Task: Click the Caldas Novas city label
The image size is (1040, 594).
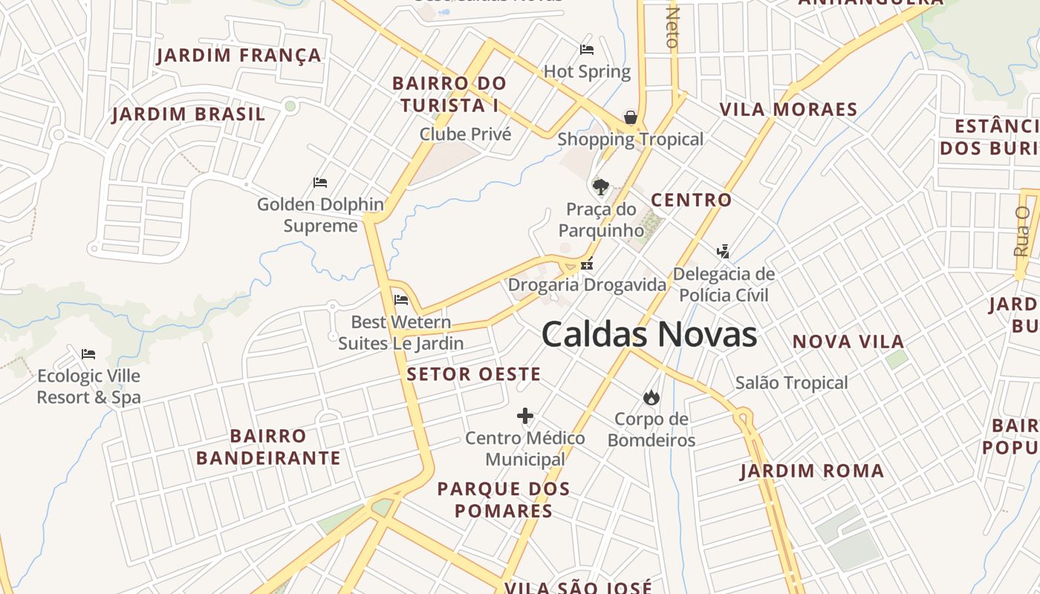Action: tap(649, 335)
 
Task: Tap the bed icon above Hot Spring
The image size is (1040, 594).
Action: tap(587, 50)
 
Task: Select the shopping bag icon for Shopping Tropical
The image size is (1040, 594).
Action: tap(631, 117)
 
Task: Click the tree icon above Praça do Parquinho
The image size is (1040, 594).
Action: tap(600, 186)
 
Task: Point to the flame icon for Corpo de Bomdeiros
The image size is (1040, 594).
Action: tap(651, 397)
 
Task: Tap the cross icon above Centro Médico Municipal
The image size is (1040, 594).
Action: tap(525, 416)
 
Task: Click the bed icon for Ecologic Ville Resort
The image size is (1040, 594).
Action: tap(88, 354)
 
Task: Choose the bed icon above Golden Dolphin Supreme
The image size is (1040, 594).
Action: tap(320, 183)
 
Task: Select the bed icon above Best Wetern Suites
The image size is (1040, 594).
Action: tap(401, 300)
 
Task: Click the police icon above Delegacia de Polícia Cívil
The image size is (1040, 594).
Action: tap(723, 252)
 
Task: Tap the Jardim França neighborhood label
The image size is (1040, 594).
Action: tap(239, 56)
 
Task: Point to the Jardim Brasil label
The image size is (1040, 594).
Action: tap(189, 114)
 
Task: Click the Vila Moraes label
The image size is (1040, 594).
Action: tap(788, 110)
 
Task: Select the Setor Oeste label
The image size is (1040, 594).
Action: tap(474, 374)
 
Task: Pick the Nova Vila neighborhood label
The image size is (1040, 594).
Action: tap(848, 342)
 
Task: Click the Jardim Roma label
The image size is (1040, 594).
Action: tap(812, 471)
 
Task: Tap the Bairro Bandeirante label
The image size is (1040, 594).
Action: tap(268, 447)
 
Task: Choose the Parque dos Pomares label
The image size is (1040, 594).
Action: tap(504, 500)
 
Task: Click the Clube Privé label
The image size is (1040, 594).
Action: tap(466, 134)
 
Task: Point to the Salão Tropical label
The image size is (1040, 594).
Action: tap(791, 383)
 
